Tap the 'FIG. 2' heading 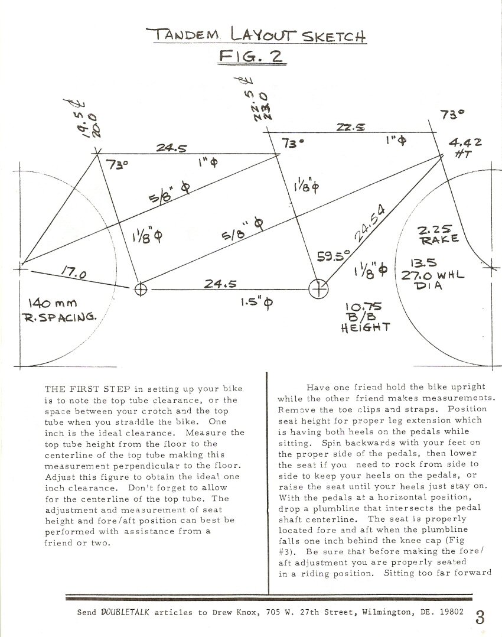(251, 57)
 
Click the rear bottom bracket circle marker (141, 289)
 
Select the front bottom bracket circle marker (318, 289)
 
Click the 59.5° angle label (333, 256)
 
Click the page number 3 (480, 618)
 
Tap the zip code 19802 (450, 613)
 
